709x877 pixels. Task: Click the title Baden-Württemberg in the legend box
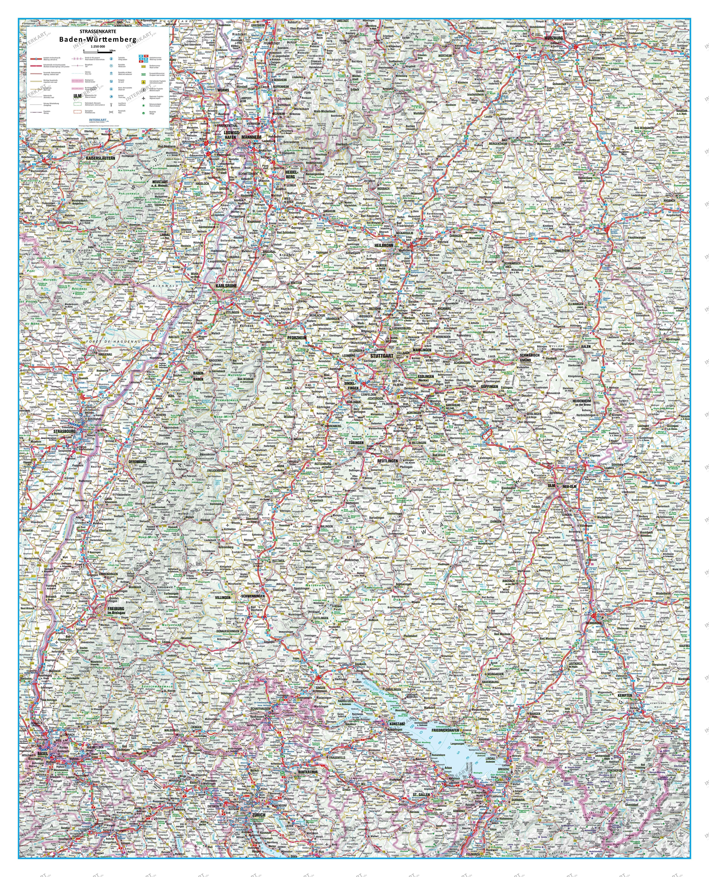pos(98,40)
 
